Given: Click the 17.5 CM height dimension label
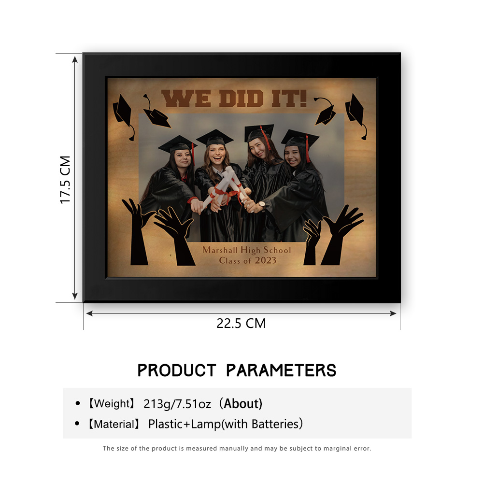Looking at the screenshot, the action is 65,180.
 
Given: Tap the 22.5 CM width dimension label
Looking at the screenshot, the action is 241,324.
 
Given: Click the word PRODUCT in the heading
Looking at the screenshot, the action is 176,370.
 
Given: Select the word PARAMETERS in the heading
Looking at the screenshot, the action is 281,370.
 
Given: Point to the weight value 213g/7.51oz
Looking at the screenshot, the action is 177,404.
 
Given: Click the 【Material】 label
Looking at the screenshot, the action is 114,424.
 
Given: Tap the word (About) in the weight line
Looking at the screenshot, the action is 241,403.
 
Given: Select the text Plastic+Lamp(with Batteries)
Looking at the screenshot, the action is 226,424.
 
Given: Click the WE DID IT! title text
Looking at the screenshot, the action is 234,98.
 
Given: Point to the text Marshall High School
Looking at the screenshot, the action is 246,250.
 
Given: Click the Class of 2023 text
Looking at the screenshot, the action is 248,261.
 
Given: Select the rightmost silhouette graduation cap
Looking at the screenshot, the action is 356,116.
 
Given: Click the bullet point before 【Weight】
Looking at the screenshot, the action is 78,403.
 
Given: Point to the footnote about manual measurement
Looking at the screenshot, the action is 237,448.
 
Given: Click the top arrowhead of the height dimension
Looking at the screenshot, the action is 75,59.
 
